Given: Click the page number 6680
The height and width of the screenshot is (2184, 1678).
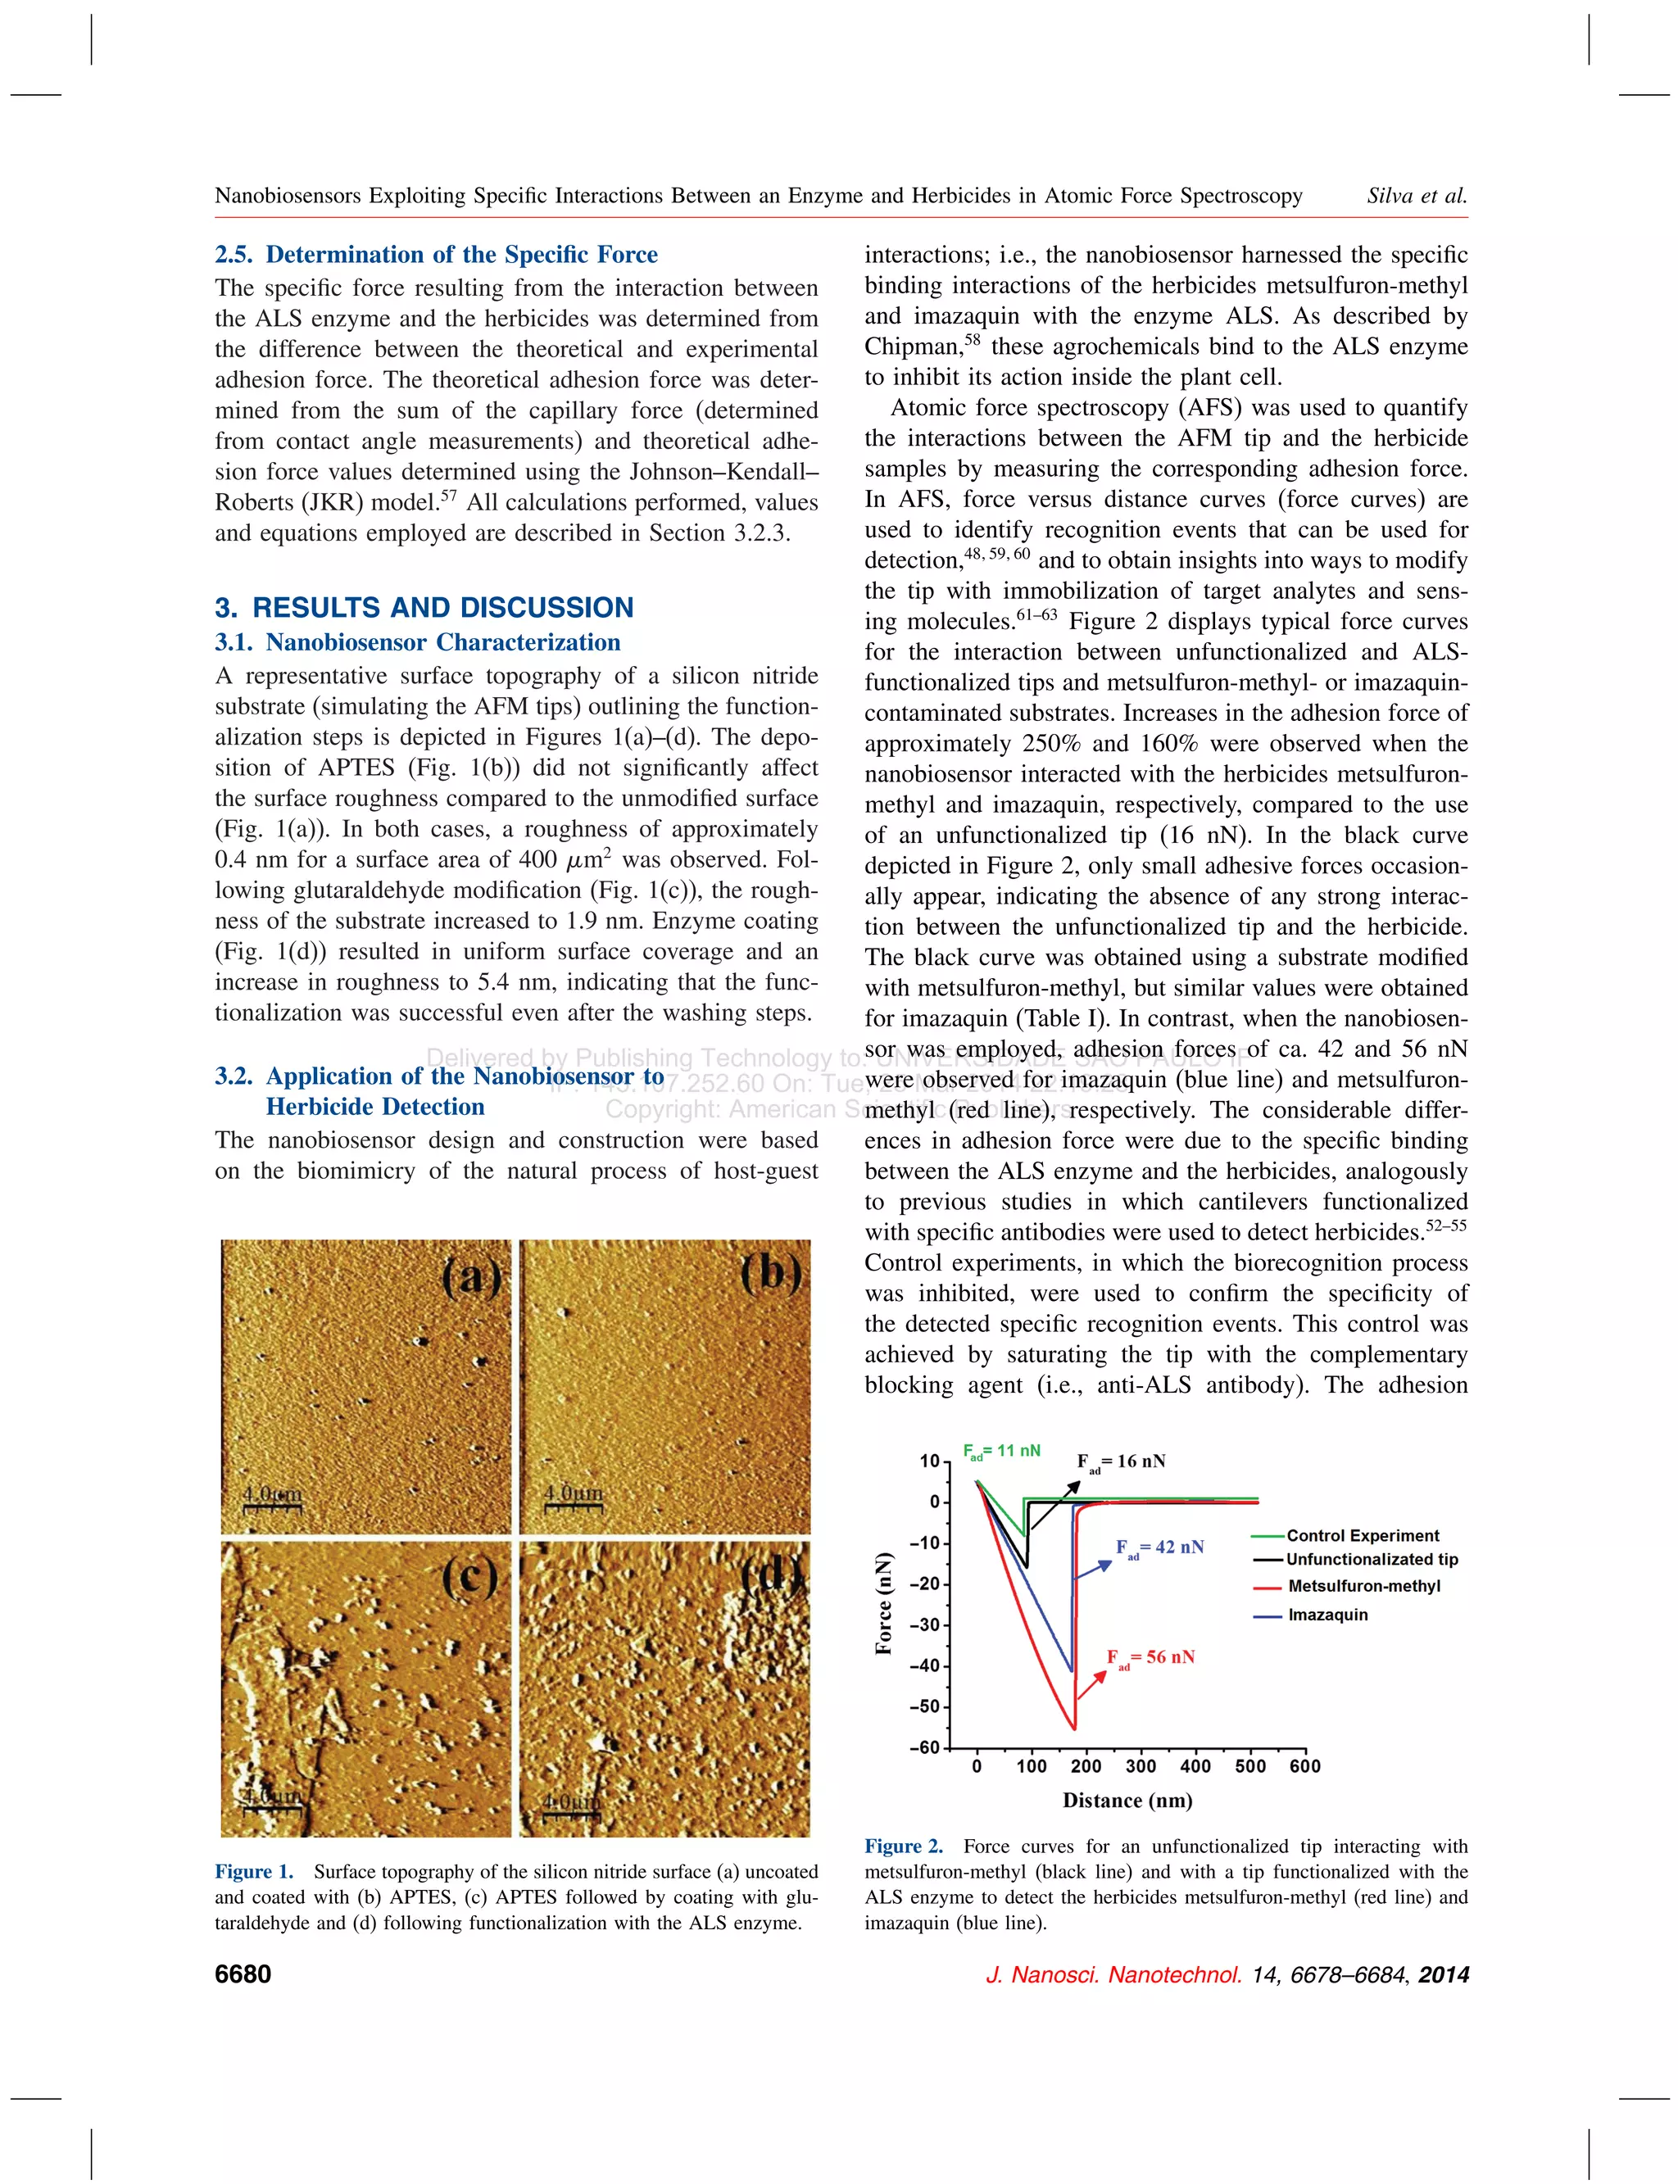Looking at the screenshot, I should [x=243, y=1974].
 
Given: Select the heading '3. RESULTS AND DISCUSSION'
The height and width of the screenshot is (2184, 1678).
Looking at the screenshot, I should [x=424, y=607].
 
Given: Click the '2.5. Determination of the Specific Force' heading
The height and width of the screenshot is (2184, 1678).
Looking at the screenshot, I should [x=437, y=255].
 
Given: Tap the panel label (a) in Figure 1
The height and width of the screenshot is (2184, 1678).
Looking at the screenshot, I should [x=470, y=1277].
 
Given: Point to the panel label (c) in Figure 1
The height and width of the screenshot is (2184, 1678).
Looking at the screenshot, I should [x=470, y=1578].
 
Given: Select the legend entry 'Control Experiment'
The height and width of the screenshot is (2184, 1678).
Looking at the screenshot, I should [x=1362, y=1536].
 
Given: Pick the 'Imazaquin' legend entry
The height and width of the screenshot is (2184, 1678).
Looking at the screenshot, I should [x=1327, y=1615].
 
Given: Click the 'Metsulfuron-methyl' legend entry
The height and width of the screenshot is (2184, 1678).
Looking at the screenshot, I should [x=1363, y=1586].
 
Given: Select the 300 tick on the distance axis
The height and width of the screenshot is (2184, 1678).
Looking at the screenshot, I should [x=1141, y=1765].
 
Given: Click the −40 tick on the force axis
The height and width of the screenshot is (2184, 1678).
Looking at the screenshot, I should [x=924, y=1665].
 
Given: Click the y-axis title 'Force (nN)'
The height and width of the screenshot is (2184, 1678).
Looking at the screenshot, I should [x=883, y=1603].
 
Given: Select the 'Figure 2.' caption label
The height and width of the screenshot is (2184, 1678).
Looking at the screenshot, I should [x=903, y=1846].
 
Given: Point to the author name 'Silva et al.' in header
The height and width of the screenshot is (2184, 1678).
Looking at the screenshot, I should [x=1417, y=196].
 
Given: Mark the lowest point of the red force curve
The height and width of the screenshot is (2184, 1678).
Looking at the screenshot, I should [x=1073, y=1729].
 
